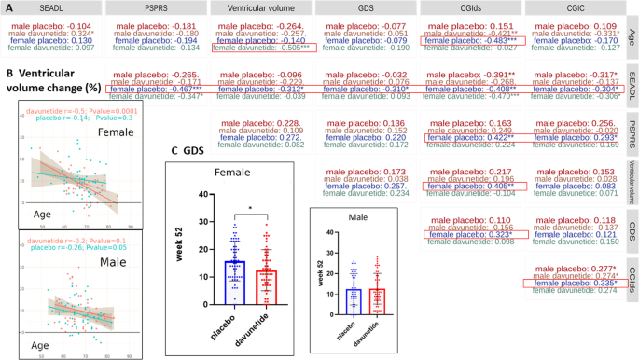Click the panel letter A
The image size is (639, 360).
(8, 7)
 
